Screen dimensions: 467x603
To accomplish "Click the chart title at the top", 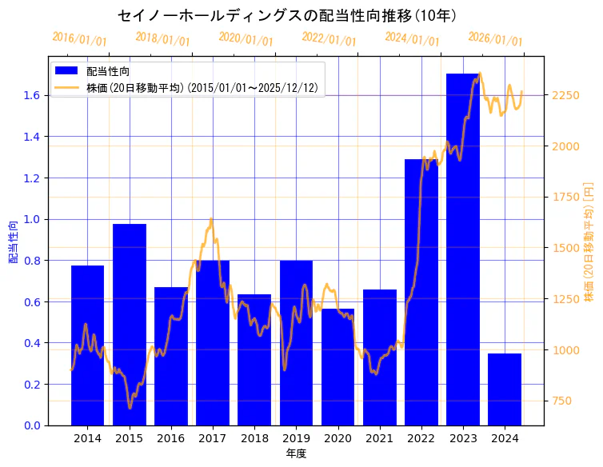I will (287, 15).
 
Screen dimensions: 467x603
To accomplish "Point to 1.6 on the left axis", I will (30, 95).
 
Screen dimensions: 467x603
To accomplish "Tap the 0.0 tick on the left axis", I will (30, 425).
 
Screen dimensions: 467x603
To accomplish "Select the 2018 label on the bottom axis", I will (254, 438).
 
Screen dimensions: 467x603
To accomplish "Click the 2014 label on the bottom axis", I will (87, 438).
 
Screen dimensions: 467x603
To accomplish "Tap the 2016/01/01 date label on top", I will (79, 39).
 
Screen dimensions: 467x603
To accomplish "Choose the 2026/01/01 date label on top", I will (495, 39).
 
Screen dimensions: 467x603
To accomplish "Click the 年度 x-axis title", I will (296, 453).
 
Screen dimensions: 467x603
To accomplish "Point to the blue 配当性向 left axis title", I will (13, 241).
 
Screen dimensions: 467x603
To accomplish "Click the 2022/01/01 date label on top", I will (329, 39).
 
